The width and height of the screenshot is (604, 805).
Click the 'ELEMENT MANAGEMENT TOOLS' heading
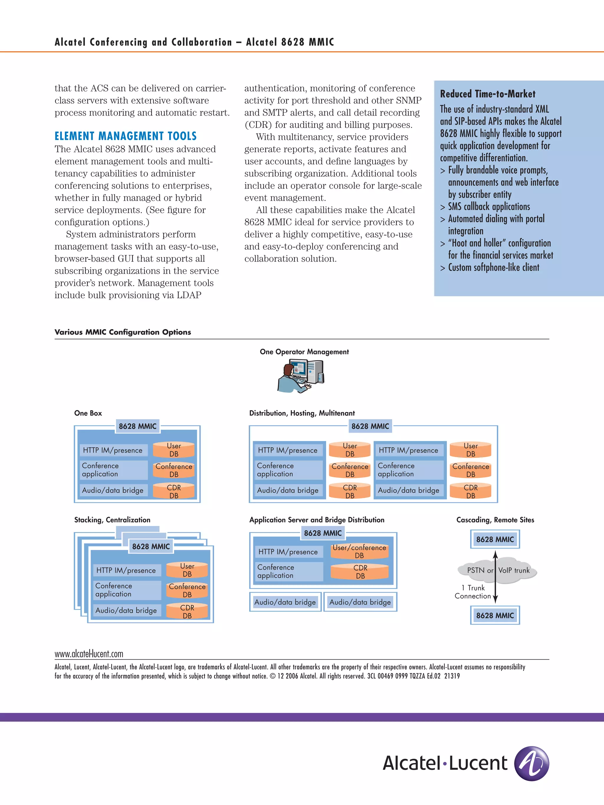125,136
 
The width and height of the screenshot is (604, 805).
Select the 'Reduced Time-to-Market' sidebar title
488,94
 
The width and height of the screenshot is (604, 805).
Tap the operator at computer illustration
300,376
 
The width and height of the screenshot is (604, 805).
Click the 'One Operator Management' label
304,352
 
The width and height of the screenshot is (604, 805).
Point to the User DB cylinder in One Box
174,450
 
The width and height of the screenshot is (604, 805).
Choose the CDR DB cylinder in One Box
174,491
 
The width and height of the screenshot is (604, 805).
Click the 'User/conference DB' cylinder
359,551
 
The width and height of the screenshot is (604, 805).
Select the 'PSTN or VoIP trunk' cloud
497,570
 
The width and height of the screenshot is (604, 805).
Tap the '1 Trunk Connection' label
472,592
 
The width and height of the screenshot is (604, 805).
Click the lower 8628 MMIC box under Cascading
495,615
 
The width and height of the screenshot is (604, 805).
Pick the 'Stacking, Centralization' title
112,520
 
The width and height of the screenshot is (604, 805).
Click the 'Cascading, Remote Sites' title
495,520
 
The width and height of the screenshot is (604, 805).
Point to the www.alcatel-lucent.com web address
89,654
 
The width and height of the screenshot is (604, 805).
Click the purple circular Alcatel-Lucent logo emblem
531,763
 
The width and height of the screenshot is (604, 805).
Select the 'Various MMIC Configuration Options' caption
123,332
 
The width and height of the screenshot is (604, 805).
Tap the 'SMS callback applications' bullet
489,207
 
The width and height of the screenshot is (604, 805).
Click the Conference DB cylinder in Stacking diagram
187,590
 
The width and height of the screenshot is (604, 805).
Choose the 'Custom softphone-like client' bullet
493,267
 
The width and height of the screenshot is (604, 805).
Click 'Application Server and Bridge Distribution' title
317,520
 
